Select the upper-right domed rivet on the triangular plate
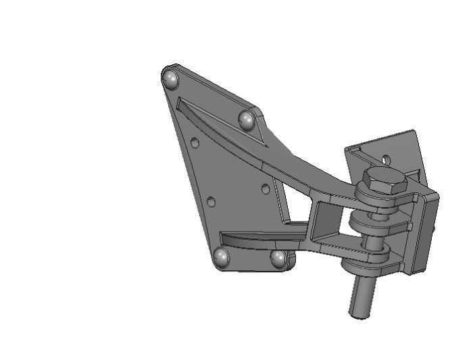[246, 120]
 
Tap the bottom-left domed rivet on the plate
[221, 257]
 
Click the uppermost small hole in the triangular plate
[195, 143]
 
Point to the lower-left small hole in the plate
[211, 202]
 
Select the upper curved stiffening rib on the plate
[223, 132]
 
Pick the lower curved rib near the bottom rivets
[257, 238]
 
